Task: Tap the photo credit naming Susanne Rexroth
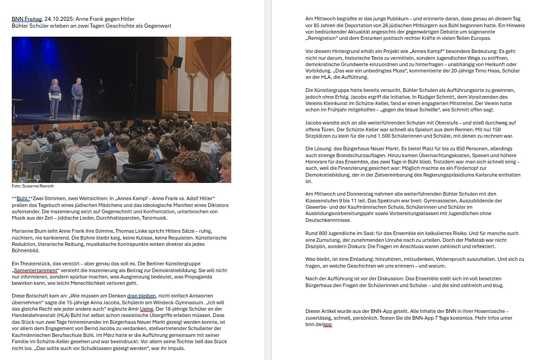(x=33, y=186)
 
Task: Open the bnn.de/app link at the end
(x=319, y=324)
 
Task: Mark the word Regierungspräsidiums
(x=456, y=175)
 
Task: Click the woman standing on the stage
(x=55, y=98)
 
